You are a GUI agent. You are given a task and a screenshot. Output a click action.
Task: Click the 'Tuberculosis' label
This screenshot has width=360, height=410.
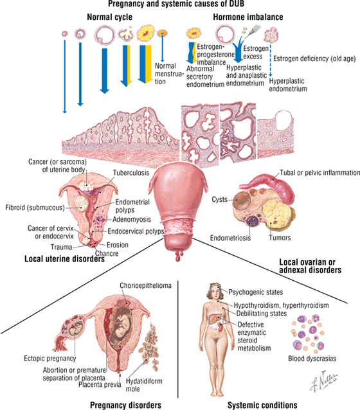(x=131, y=173)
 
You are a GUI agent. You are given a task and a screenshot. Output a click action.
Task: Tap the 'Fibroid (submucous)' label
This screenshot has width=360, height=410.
(x=35, y=208)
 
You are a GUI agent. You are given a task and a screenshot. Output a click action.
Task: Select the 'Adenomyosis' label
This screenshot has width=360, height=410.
(x=132, y=219)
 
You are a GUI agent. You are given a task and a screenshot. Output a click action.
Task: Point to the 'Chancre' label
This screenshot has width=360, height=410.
(x=107, y=253)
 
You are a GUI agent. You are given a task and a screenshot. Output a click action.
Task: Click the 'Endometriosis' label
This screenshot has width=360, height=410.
(x=230, y=238)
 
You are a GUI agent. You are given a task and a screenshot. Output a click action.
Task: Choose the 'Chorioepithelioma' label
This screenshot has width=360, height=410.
(x=145, y=285)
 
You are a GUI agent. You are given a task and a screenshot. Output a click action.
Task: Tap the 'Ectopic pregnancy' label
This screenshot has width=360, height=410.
(x=50, y=358)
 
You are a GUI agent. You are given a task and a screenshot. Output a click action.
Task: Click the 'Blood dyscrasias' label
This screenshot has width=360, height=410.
(x=312, y=358)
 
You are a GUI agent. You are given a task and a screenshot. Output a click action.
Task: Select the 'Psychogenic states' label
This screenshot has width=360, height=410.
(x=256, y=292)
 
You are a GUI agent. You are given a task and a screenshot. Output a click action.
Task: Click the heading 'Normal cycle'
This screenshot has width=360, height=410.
(x=110, y=17)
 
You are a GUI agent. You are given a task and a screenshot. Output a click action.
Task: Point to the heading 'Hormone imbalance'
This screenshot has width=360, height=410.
(x=248, y=17)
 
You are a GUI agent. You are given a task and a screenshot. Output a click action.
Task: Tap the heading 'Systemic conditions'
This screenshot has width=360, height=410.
(x=262, y=405)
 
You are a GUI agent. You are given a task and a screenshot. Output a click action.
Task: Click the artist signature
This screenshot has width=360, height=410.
(x=323, y=382)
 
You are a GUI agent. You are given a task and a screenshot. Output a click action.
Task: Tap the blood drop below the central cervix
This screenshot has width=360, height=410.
(x=179, y=256)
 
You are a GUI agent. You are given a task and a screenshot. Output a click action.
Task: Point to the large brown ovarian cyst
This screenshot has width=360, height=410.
(x=242, y=201)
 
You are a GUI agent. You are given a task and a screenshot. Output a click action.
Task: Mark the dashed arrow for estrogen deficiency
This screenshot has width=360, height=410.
(x=271, y=60)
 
